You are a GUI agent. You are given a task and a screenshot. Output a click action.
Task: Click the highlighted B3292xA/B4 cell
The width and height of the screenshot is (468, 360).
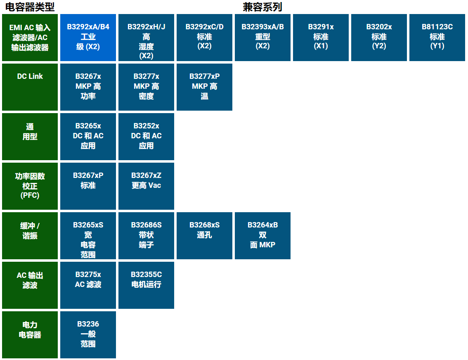[88, 38]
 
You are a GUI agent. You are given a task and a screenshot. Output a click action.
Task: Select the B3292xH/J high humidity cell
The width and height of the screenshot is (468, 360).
[146, 38]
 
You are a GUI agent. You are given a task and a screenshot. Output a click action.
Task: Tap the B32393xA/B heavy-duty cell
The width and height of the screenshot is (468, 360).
[262, 38]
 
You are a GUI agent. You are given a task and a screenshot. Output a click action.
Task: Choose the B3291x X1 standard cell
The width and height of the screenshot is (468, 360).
[321, 38]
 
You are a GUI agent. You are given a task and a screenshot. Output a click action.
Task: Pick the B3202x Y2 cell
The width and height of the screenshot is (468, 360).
[379, 38]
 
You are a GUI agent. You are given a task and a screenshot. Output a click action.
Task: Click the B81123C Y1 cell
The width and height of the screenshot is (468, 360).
[437, 38]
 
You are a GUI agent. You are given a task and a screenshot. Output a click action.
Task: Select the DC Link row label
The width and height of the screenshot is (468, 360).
[30, 87]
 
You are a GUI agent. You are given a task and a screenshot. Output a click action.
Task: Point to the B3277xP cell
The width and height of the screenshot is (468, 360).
[204, 87]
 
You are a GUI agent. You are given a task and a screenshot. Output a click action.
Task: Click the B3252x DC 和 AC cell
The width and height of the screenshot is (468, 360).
[146, 137]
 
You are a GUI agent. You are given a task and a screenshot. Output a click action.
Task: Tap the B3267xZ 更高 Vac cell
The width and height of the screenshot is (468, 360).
[146, 186]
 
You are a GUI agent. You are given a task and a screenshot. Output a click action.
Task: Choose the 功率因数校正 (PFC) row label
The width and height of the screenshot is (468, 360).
[30, 186]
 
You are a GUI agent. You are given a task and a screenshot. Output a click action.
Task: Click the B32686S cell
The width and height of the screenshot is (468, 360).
[146, 236]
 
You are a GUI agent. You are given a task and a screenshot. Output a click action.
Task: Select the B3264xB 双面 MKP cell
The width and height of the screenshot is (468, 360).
[262, 236]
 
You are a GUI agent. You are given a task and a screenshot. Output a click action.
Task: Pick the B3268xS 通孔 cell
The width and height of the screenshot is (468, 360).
[204, 236]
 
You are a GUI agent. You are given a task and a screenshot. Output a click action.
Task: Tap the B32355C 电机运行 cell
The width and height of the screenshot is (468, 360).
[146, 285]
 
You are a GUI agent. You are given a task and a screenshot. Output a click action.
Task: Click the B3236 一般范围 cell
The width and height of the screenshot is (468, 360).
[88, 335]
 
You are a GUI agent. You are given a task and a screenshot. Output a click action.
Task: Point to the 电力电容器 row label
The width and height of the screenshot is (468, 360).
[30, 335]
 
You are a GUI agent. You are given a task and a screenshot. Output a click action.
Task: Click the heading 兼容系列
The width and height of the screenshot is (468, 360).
[262, 7]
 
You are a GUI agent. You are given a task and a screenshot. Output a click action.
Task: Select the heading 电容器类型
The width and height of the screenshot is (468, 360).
[30, 7]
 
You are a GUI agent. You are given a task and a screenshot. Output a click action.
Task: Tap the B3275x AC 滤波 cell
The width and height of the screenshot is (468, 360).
[88, 285]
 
